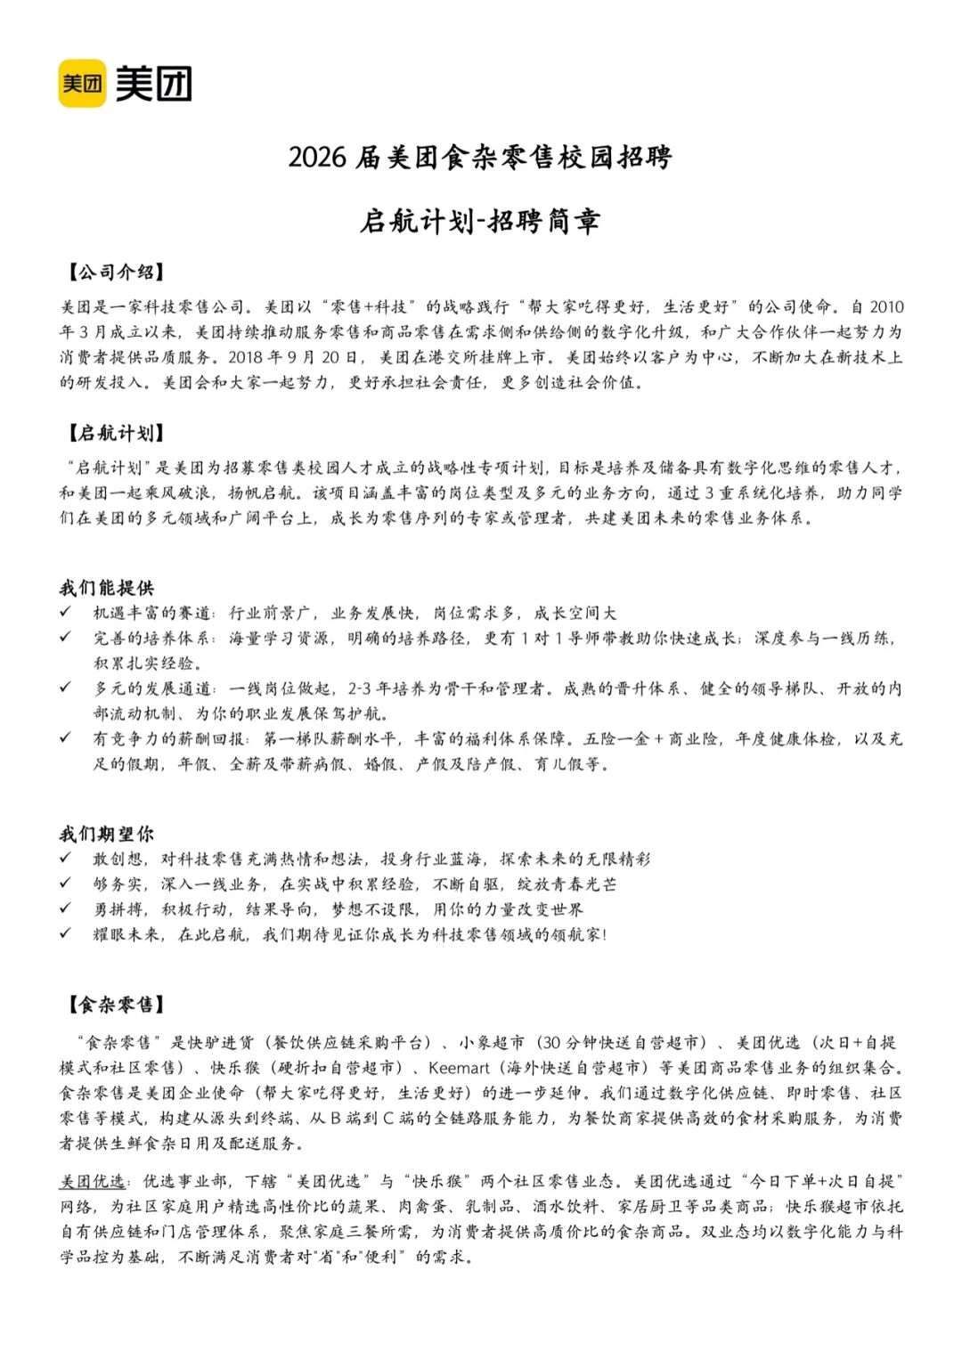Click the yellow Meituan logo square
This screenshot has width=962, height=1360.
(82, 84)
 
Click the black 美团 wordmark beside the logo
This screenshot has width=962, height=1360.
(154, 84)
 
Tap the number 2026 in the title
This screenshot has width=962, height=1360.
(316, 158)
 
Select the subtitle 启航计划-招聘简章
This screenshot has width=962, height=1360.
(480, 221)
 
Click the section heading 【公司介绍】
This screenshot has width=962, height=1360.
(114, 273)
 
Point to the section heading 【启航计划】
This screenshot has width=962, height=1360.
(114, 434)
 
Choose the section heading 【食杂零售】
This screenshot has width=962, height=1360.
(114, 1006)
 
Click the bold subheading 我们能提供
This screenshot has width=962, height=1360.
(107, 588)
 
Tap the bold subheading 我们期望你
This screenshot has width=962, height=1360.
(107, 835)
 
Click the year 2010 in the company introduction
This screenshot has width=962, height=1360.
(886, 307)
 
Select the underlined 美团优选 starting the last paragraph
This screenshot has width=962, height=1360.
(93, 1181)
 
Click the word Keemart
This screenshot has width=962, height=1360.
(459, 1068)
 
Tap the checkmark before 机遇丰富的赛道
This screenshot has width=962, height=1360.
(66, 613)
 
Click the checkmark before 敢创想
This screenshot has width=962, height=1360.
(66, 859)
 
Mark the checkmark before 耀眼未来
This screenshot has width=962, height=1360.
(66, 933)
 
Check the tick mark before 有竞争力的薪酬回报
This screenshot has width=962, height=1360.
(66, 738)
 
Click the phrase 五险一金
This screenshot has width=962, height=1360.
(616, 739)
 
